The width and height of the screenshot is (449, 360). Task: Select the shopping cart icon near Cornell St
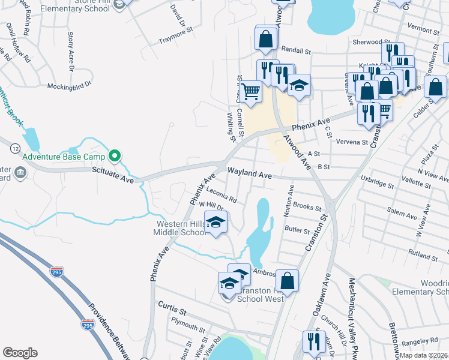(252, 92)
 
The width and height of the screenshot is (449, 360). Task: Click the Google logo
(20, 353)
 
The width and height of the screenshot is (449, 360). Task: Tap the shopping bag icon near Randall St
(265, 39)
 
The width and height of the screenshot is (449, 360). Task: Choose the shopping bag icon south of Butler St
(288, 280)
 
